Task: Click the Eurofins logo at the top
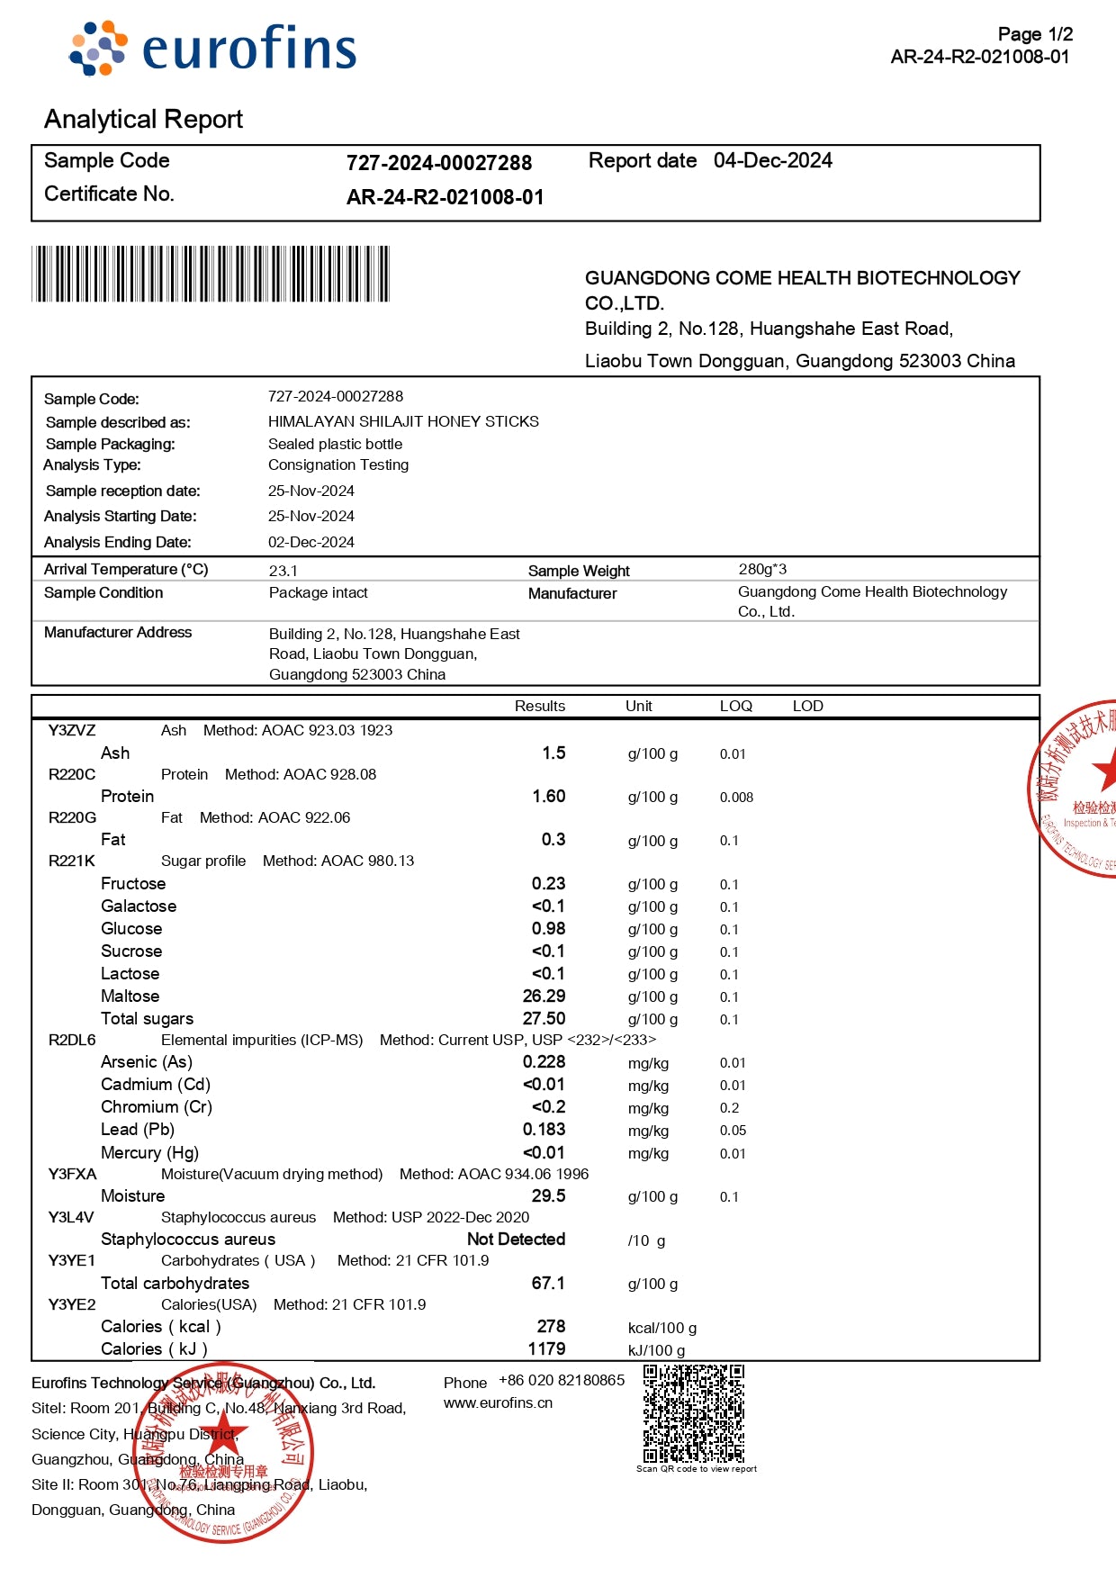pos(213,49)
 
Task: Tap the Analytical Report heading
pos(143,119)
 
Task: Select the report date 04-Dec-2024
pos(772,161)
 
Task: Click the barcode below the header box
pos(211,274)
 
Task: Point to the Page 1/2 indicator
pos(1035,34)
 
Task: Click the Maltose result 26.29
pos(544,996)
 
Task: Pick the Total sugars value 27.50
pos(544,1019)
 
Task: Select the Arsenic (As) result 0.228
pos(544,1062)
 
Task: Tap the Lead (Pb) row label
pos(138,1130)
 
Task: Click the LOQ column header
pos(735,707)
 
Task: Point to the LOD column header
pos(807,707)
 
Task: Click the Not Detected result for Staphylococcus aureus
pos(516,1240)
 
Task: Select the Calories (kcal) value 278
pos(551,1327)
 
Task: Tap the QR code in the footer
pos(693,1413)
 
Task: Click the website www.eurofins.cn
pos(498,1403)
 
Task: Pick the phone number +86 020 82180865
pos(562,1381)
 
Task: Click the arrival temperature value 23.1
pos(283,571)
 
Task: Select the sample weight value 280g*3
pos(762,570)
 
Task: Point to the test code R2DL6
pos(72,1041)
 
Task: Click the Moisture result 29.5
pos(548,1196)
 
